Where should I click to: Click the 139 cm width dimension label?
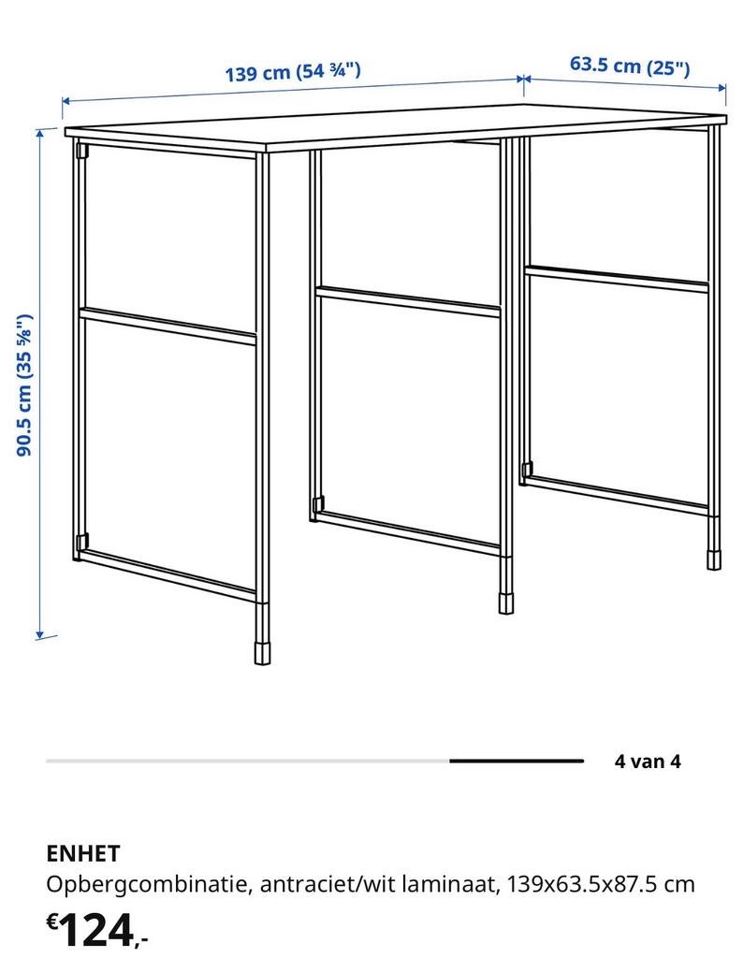293,72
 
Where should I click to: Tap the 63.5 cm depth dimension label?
630,65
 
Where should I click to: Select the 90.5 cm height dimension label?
26,385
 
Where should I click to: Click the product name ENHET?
83,853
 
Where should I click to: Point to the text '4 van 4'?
648,761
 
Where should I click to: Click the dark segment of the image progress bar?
516,761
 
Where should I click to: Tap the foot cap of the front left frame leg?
262,651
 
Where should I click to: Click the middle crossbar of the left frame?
168,326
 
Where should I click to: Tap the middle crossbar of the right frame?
617,278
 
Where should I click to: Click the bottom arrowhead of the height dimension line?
40,633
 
